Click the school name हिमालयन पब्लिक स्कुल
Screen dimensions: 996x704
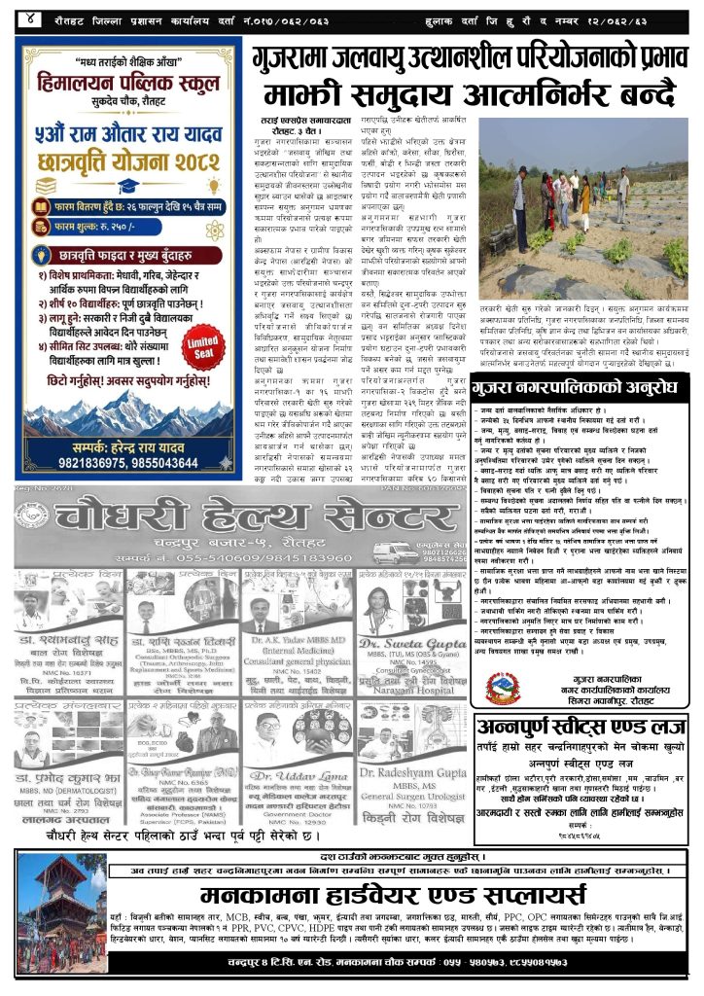(x=130, y=87)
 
